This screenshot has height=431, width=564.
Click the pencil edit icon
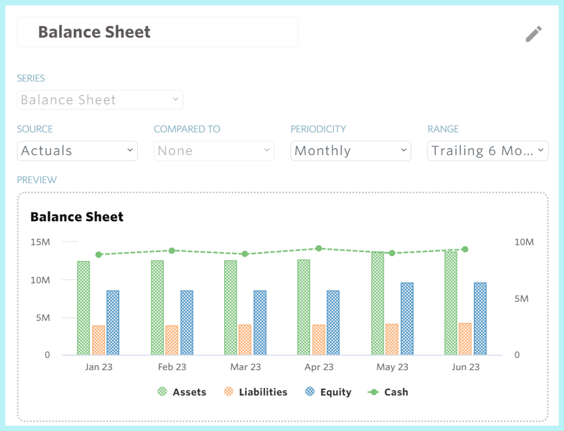tap(533, 34)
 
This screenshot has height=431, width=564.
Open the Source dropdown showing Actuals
tap(77, 151)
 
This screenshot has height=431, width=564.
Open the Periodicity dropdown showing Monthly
tap(350, 151)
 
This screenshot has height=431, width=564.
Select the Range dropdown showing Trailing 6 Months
tap(487, 151)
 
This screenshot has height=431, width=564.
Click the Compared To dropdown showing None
tap(214, 151)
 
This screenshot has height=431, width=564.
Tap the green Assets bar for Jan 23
tap(84, 308)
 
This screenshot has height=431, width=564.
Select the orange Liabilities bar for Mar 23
tap(245, 340)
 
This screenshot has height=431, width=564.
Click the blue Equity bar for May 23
tap(407, 318)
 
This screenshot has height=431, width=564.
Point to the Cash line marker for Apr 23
tap(319, 249)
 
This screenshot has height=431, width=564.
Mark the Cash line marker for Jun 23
tap(465, 249)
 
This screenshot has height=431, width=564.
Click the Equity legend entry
tap(328, 392)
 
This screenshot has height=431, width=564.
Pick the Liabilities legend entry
tap(256, 392)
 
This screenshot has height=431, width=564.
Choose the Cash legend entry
tap(388, 392)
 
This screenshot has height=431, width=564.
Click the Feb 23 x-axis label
tap(172, 367)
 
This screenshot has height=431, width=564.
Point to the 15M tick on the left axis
tap(40, 242)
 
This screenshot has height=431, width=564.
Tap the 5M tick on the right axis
tap(521, 299)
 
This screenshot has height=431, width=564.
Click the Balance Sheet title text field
tap(157, 32)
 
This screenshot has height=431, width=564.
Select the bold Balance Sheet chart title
tap(77, 217)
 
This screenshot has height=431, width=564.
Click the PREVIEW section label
tap(37, 180)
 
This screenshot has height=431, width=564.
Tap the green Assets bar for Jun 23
tap(451, 303)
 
